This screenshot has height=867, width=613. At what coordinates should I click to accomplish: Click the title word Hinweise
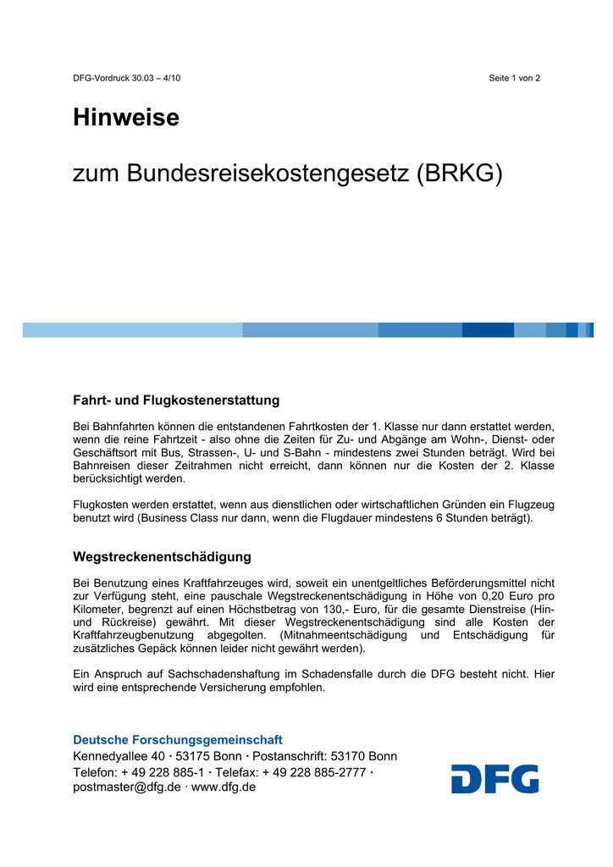point(126,118)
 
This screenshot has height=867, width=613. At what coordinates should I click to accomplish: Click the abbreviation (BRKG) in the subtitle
point(460,174)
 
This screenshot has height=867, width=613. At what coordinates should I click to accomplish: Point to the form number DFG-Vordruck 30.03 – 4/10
point(126,78)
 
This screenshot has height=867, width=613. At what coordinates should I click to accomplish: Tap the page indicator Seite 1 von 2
point(514,78)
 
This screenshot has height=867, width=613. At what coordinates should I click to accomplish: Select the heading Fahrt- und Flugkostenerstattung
point(176,400)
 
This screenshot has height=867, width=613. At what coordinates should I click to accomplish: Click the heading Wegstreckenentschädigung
point(162,556)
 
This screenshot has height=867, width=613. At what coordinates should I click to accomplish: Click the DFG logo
point(494,778)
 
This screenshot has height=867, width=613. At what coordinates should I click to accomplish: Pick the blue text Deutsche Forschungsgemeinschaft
point(178,740)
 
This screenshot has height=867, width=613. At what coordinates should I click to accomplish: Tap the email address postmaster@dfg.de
point(127,787)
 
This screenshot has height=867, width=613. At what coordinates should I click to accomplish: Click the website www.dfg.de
point(224,787)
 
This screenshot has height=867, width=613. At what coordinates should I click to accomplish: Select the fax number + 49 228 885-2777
point(314,772)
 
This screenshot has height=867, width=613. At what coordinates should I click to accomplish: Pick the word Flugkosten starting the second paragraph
point(102,505)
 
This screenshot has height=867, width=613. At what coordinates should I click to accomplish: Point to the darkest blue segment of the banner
point(488,329)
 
